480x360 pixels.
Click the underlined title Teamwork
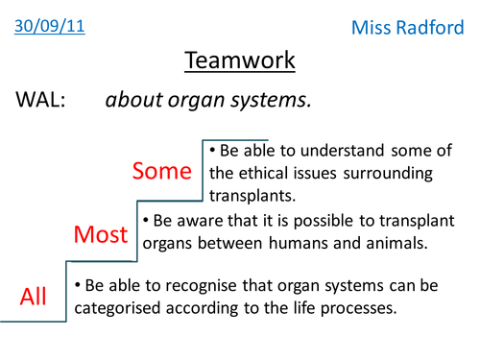[x=239, y=62]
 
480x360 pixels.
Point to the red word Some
[x=163, y=171]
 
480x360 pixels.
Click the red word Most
[x=101, y=234]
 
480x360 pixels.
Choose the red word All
[x=34, y=297]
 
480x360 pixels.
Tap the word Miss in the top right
[x=372, y=29]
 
